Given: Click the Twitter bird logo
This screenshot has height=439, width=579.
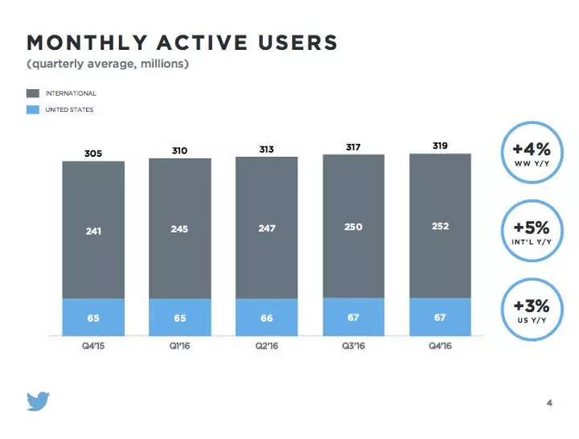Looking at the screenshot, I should point(37,401).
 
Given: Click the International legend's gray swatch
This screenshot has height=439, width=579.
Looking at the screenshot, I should point(33,93).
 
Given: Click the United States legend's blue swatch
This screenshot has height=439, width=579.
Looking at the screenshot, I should point(33,109).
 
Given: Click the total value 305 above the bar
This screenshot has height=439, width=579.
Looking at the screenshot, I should point(93,152).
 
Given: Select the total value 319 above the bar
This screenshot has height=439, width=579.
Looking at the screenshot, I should point(439,146).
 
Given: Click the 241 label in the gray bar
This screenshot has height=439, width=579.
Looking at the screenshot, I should point(93,231).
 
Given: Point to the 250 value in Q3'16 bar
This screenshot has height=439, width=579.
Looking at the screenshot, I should point(352,228).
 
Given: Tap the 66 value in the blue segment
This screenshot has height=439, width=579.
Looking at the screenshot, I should point(266,318).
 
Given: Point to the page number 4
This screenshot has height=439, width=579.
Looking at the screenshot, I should point(549,404).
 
